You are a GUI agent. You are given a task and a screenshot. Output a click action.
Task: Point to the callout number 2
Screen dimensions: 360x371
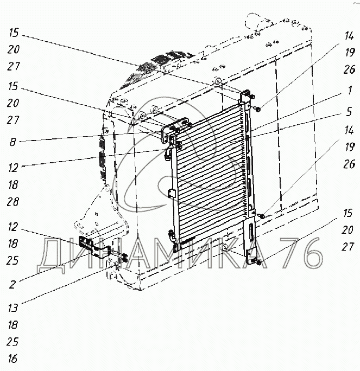click(13, 283)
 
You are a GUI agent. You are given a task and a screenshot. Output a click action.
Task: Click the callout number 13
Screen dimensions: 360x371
click(13, 308)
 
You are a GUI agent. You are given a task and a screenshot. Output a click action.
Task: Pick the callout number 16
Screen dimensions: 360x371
click(13, 359)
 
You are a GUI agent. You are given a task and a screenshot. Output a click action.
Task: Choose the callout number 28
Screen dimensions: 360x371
click(13, 202)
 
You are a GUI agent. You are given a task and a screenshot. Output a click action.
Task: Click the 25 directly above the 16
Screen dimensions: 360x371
click(13, 342)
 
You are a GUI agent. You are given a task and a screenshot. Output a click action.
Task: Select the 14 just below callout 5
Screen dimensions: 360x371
click(349, 130)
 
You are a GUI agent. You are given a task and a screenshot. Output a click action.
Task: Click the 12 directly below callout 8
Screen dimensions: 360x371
click(13, 168)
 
